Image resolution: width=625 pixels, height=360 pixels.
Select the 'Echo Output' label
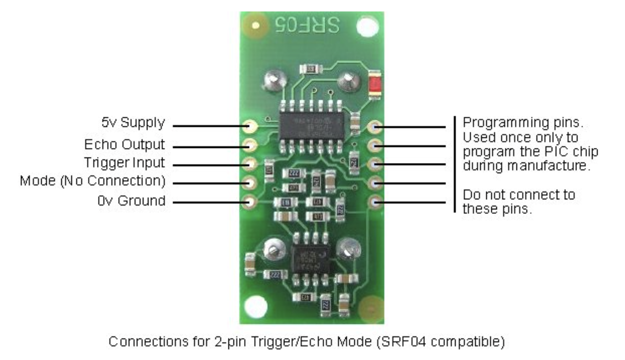tap(124, 144)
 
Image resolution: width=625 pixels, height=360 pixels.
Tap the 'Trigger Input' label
tap(124, 163)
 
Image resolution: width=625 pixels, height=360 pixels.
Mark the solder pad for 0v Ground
tap(250, 201)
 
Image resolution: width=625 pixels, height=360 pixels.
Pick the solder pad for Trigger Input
tap(250, 163)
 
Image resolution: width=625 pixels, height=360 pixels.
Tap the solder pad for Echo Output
tap(250, 145)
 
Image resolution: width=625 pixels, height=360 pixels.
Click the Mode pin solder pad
tap(250, 182)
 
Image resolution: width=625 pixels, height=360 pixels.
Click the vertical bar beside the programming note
tap(455, 164)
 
